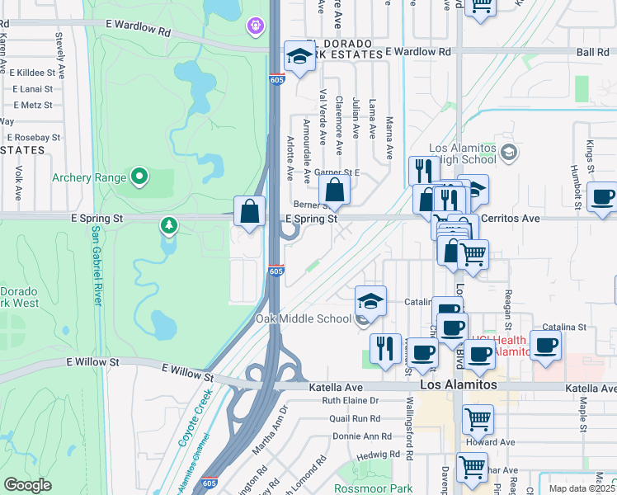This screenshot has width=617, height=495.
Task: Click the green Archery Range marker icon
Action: (139, 176)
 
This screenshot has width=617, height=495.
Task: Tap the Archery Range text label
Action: (89, 177)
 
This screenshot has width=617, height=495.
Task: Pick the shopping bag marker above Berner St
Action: (334, 191)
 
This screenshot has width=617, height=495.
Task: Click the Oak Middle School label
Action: (303, 319)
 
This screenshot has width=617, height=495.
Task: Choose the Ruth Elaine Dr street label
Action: (350, 401)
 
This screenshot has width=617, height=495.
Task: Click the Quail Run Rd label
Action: (355, 418)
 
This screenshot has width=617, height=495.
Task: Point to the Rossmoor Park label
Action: (379, 488)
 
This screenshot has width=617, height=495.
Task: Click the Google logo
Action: (27, 486)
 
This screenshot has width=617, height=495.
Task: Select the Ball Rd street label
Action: (593, 51)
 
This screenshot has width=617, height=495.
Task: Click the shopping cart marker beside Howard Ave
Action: (478, 419)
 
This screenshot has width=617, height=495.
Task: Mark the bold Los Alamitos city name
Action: (459, 385)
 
